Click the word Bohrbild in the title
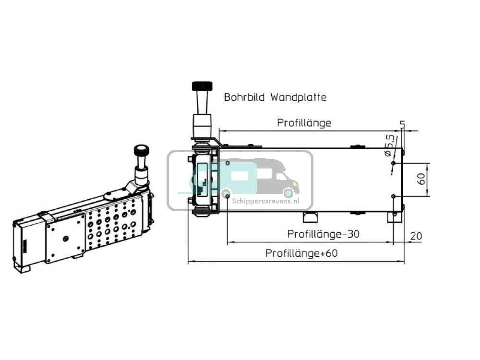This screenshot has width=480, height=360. (x=245, y=97)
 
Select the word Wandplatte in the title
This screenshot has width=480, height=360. (x=299, y=97)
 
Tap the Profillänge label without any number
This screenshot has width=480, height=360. (x=304, y=123)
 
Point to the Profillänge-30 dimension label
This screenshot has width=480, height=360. (x=323, y=234)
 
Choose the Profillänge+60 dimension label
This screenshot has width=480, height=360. (x=301, y=253)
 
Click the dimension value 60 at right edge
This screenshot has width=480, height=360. (x=421, y=180)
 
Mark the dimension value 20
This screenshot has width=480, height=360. (x=416, y=236)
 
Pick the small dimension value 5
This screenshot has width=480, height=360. (x=402, y=124)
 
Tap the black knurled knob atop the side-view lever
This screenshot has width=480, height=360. (x=202, y=86)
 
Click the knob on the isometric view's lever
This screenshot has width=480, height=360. (x=141, y=151)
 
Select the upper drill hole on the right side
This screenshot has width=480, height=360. (x=393, y=163)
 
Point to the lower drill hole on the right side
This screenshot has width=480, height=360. (x=393, y=196)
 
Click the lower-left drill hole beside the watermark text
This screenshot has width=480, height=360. (x=227, y=195)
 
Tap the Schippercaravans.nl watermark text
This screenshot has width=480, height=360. (x=265, y=202)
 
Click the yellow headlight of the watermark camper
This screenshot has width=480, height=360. (x=297, y=183)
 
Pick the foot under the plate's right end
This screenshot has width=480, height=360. (x=395, y=217)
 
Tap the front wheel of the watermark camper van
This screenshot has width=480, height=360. (x=288, y=193)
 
